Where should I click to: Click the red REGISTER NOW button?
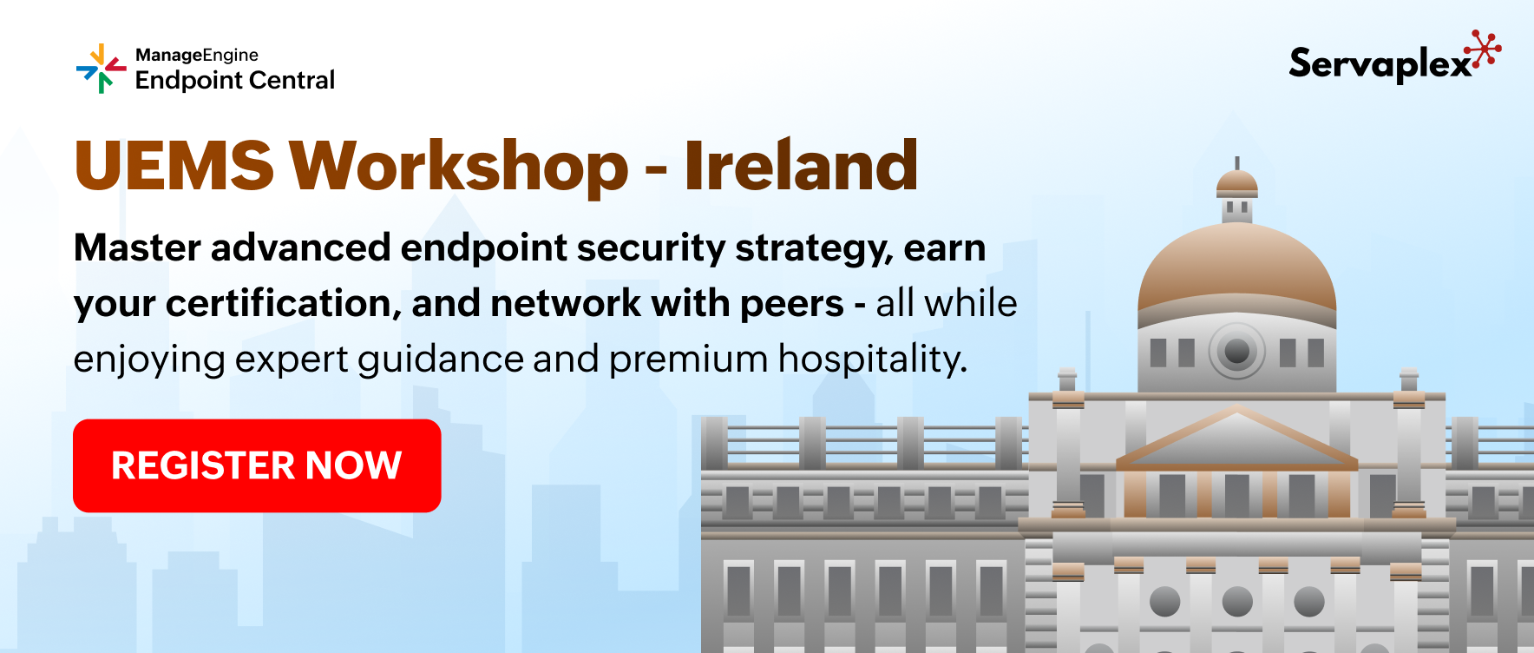[257, 465]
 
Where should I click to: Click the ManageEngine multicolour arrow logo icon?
[102, 68]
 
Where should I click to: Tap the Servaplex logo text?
[1380, 63]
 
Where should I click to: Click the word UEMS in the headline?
[174, 166]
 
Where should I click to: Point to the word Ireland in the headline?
[801, 165]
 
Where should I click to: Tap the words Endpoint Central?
[235, 80]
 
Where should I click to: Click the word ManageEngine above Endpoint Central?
[197, 55]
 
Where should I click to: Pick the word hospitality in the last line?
[872, 359]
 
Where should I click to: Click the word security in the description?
[651, 248]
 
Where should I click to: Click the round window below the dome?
[1237, 351]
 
